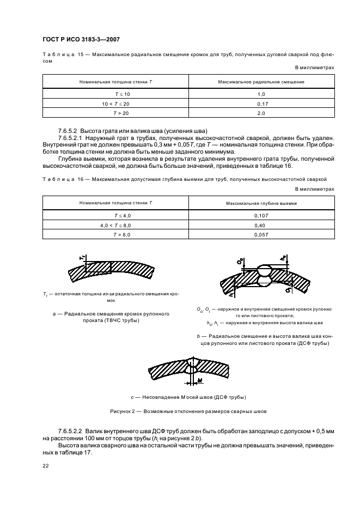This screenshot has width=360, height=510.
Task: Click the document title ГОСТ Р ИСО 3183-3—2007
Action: pos(81,39)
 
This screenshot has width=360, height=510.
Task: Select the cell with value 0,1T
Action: pos(261,104)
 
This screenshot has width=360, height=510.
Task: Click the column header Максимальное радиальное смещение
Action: pos(261,82)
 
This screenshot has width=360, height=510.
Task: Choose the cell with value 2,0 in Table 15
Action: pos(261,113)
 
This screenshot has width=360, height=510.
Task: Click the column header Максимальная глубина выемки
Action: pos(261,203)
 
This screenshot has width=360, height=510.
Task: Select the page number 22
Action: pos(46,466)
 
